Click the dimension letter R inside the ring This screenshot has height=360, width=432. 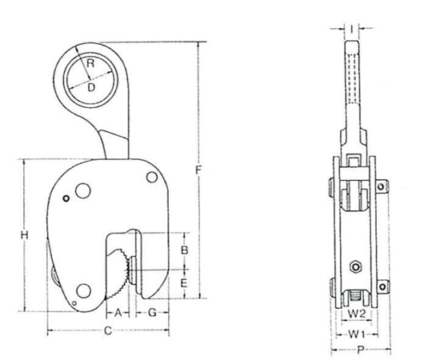point(90,63)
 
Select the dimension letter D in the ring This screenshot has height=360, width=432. point(90,87)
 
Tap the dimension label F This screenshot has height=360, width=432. point(198,170)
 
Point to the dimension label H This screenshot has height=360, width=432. point(25,235)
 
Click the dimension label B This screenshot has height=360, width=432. point(184,250)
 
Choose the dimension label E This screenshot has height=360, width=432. point(184,283)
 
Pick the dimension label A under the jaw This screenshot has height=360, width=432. point(118,313)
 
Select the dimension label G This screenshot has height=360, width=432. point(152,313)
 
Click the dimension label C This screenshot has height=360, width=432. point(108,330)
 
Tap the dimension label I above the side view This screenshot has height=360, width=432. point(352,28)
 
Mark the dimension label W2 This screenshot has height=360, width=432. point(356,314)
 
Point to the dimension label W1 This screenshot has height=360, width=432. point(357,334)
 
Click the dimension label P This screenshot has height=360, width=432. point(360,350)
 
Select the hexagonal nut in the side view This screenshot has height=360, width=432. point(356,267)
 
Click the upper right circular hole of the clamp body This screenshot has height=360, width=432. point(152,177)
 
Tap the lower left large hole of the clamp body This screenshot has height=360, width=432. point(83,291)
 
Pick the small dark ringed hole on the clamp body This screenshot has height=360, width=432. point(66,198)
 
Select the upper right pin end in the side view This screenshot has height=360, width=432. point(382,186)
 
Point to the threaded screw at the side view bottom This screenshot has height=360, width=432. point(355,296)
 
